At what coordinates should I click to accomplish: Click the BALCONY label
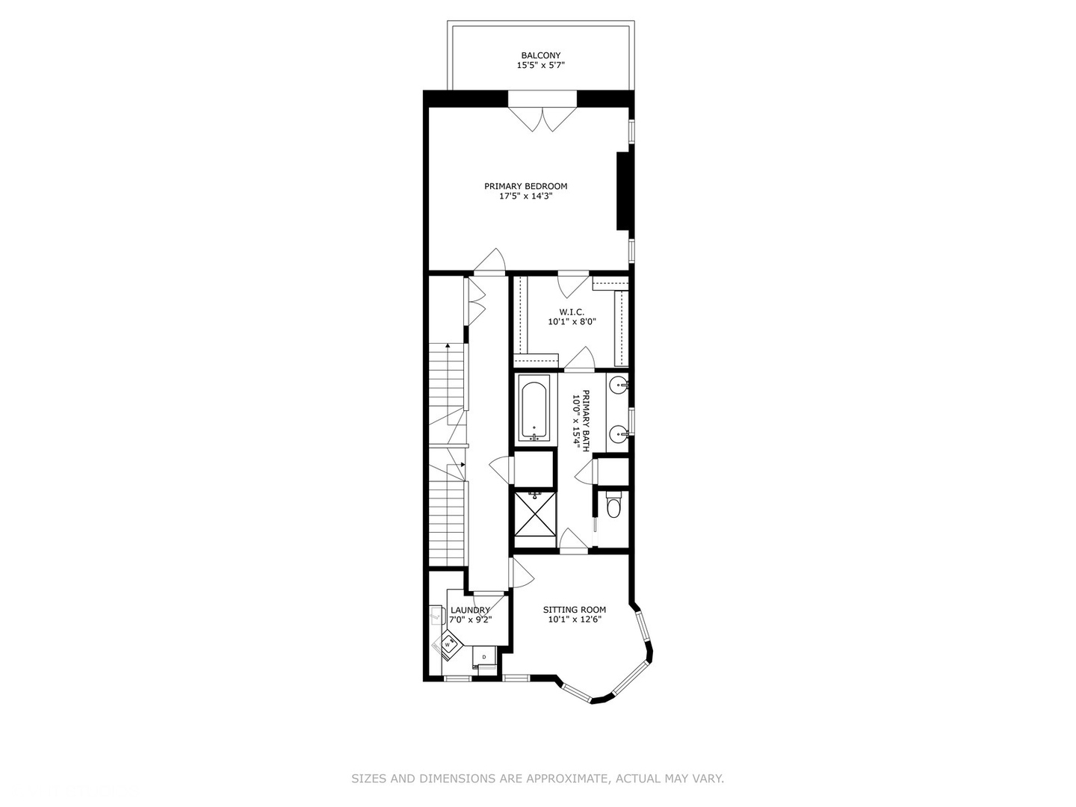(540, 55)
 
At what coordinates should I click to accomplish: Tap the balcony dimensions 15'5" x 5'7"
(540, 66)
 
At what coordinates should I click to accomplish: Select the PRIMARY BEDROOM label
(525, 186)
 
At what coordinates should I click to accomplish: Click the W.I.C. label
(572, 312)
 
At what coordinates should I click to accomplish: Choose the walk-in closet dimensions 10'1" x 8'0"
(572, 322)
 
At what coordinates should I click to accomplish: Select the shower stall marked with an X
(534, 513)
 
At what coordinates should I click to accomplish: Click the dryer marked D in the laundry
(484, 657)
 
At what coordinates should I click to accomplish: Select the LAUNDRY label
(470, 610)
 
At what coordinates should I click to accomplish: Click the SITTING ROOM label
(574, 609)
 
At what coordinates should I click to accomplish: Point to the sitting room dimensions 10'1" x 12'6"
(574, 619)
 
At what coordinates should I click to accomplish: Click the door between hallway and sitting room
(521, 573)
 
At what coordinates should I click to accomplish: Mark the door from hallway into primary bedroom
(489, 262)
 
